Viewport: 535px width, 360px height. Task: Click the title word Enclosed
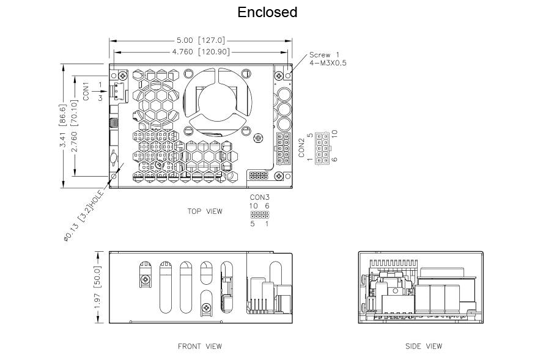(267, 12)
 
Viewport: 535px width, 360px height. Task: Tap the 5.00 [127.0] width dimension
(201, 40)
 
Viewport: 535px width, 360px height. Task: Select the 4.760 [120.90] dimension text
(201, 52)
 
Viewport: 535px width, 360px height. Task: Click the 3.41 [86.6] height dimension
(63, 125)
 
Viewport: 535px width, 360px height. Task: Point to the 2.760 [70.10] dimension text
(75, 125)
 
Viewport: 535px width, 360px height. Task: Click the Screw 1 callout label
(324, 54)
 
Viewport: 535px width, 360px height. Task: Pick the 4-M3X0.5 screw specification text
(328, 63)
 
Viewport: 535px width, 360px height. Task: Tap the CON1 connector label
(86, 91)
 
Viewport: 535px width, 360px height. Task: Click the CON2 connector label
(301, 148)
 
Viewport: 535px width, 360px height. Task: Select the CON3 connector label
(260, 197)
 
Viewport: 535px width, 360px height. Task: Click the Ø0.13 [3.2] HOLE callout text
(84, 216)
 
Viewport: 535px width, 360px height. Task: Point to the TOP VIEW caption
(205, 211)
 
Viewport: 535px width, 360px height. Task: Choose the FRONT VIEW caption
(200, 347)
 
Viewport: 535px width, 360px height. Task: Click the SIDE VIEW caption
(424, 347)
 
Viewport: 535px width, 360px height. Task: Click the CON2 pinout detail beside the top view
(322, 148)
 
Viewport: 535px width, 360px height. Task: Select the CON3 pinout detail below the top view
(260, 215)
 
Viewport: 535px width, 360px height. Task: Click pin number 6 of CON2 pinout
(334, 160)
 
